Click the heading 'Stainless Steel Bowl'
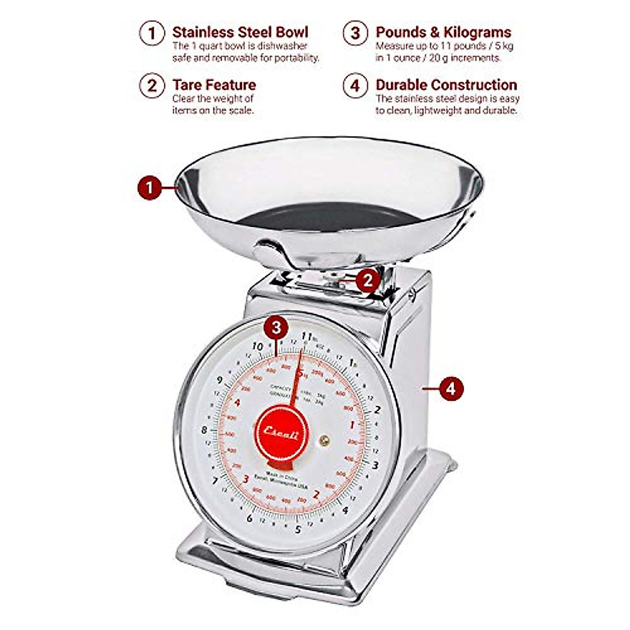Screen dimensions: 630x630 (x=240, y=33)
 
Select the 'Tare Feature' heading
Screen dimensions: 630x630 (x=214, y=85)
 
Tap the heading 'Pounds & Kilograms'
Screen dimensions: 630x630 (x=443, y=33)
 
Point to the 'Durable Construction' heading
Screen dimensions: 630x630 (x=446, y=85)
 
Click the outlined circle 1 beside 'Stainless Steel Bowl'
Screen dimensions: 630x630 (x=152, y=34)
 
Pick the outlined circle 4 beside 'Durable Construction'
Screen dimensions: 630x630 (x=355, y=86)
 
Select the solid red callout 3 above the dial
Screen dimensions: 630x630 (x=276, y=328)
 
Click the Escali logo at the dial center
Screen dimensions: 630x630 (x=281, y=434)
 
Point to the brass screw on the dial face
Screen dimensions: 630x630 (x=324, y=440)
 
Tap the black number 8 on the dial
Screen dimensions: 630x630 (x=204, y=430)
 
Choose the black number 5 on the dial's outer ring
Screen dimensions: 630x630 (x=298, y=529)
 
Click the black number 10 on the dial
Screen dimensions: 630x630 (x=257, y=346)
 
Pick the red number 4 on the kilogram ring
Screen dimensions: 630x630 (x=238, y=403)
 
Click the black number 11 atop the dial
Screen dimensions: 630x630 (x=308, y=337)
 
